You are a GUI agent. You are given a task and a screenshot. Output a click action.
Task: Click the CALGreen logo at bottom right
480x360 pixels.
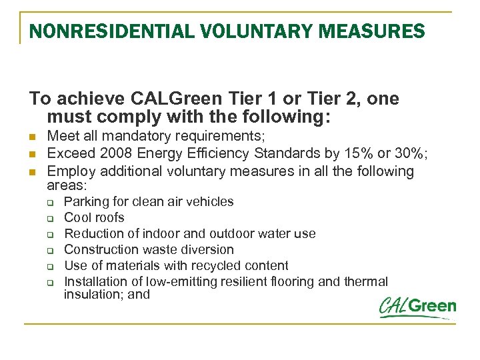[417, 307]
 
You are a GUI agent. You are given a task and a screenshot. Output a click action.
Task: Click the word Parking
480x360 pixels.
[85, 201]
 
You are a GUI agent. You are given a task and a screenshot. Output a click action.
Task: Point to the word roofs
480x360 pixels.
[109, 217]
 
